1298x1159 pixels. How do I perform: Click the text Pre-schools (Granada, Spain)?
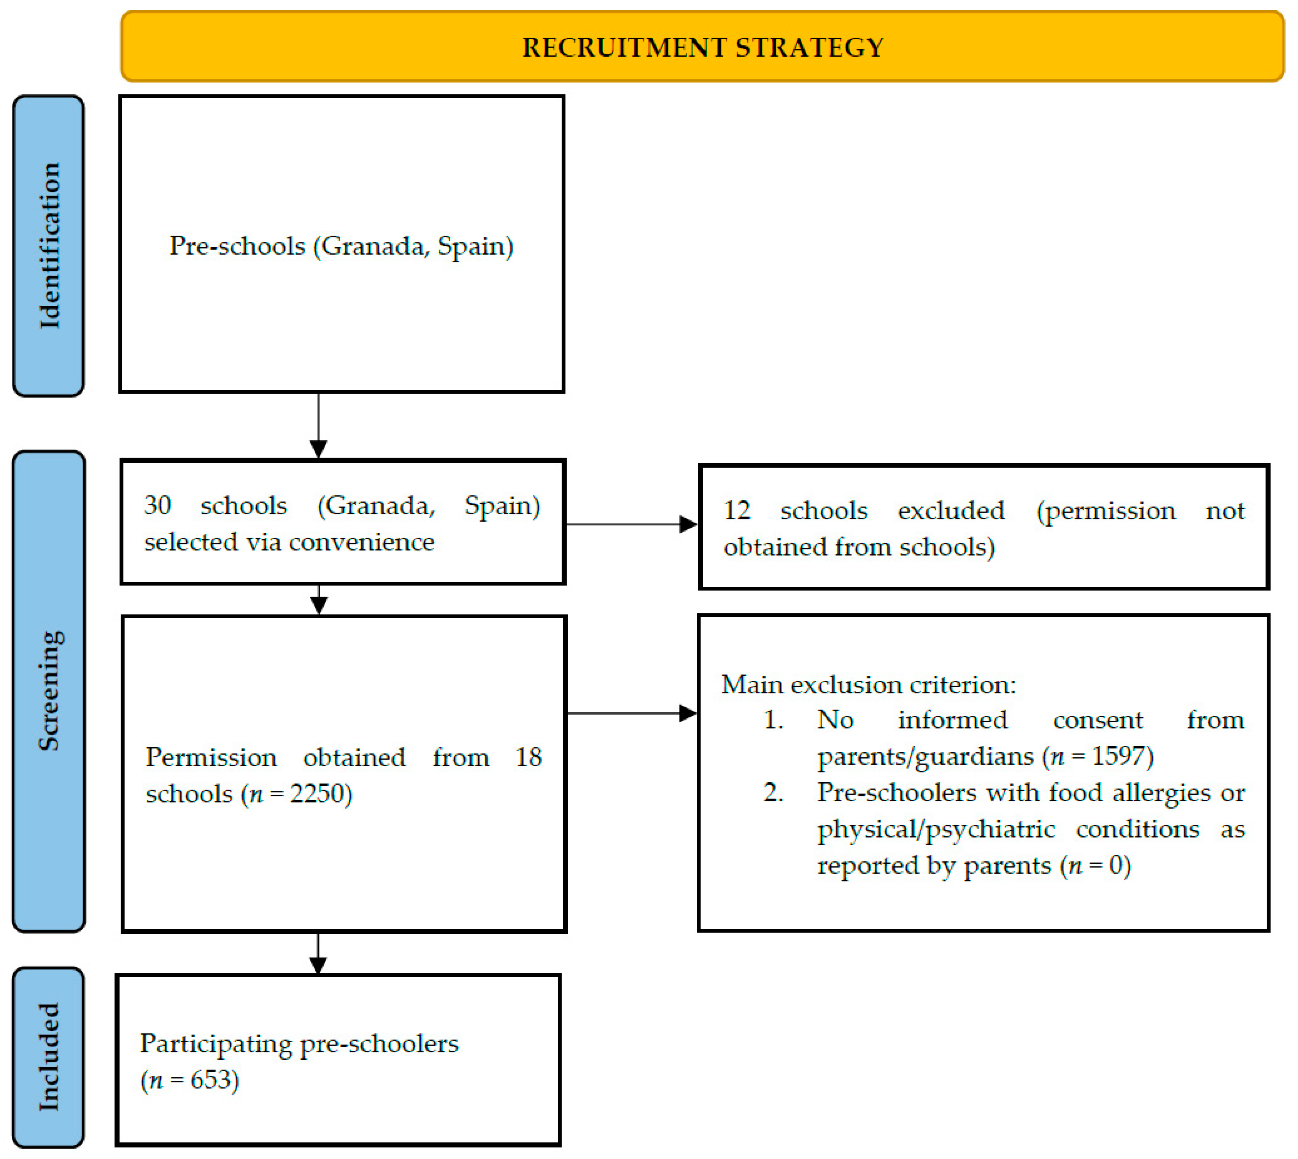pyautogui.click(x=341, y=246)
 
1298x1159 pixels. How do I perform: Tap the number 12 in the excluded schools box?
pyautogui.click(x=737, y=510)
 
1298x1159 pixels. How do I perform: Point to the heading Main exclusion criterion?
pyautogui.click(x=868, y=685)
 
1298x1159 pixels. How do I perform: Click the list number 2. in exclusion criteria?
pyautogui.click(x=773, y=792)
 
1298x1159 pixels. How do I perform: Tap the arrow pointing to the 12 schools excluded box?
pyautogui.click(x=688, y=524)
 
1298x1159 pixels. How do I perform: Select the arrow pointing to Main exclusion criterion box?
pyautogui.click(x=688, y=713)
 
